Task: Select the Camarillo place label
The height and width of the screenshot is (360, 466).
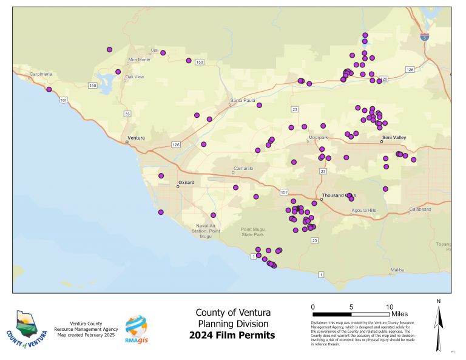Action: tap(242, 168)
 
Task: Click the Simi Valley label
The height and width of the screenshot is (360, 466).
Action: tap(394, 138)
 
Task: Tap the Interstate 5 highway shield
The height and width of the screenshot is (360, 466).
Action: tap(425, 37)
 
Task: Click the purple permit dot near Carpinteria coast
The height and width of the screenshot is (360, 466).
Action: tap(49, 89)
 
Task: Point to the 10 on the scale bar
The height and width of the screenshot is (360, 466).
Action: tap(390, 307)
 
